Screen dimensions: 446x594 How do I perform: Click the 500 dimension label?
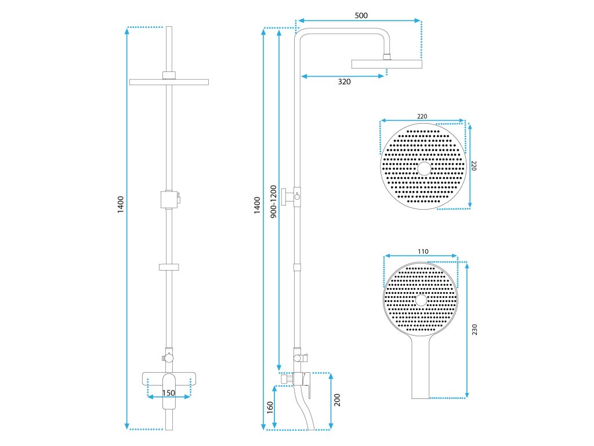(x=361, y=15)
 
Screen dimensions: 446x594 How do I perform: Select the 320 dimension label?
(x=344, y=82)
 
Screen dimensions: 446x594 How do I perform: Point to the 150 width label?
(x=168, y=393)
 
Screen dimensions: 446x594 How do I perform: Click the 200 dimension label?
(x=337, y=401)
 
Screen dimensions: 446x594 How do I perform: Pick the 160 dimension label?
(x=270, y=407)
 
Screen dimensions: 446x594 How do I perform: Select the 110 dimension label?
(x=422, y=251)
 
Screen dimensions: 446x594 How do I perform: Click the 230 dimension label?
(x=474, y=330)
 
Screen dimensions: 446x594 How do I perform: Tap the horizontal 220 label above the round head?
(x=422, y=117)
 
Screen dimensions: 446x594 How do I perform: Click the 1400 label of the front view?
(x=121, y=205)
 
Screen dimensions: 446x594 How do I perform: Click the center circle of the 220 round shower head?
(x=425, y=168)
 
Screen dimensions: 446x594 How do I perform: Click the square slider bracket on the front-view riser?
(x=168, y=199)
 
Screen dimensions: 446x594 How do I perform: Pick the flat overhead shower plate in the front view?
(x=169, y=82)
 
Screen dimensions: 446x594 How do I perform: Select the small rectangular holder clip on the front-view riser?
(x=168, y=267)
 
